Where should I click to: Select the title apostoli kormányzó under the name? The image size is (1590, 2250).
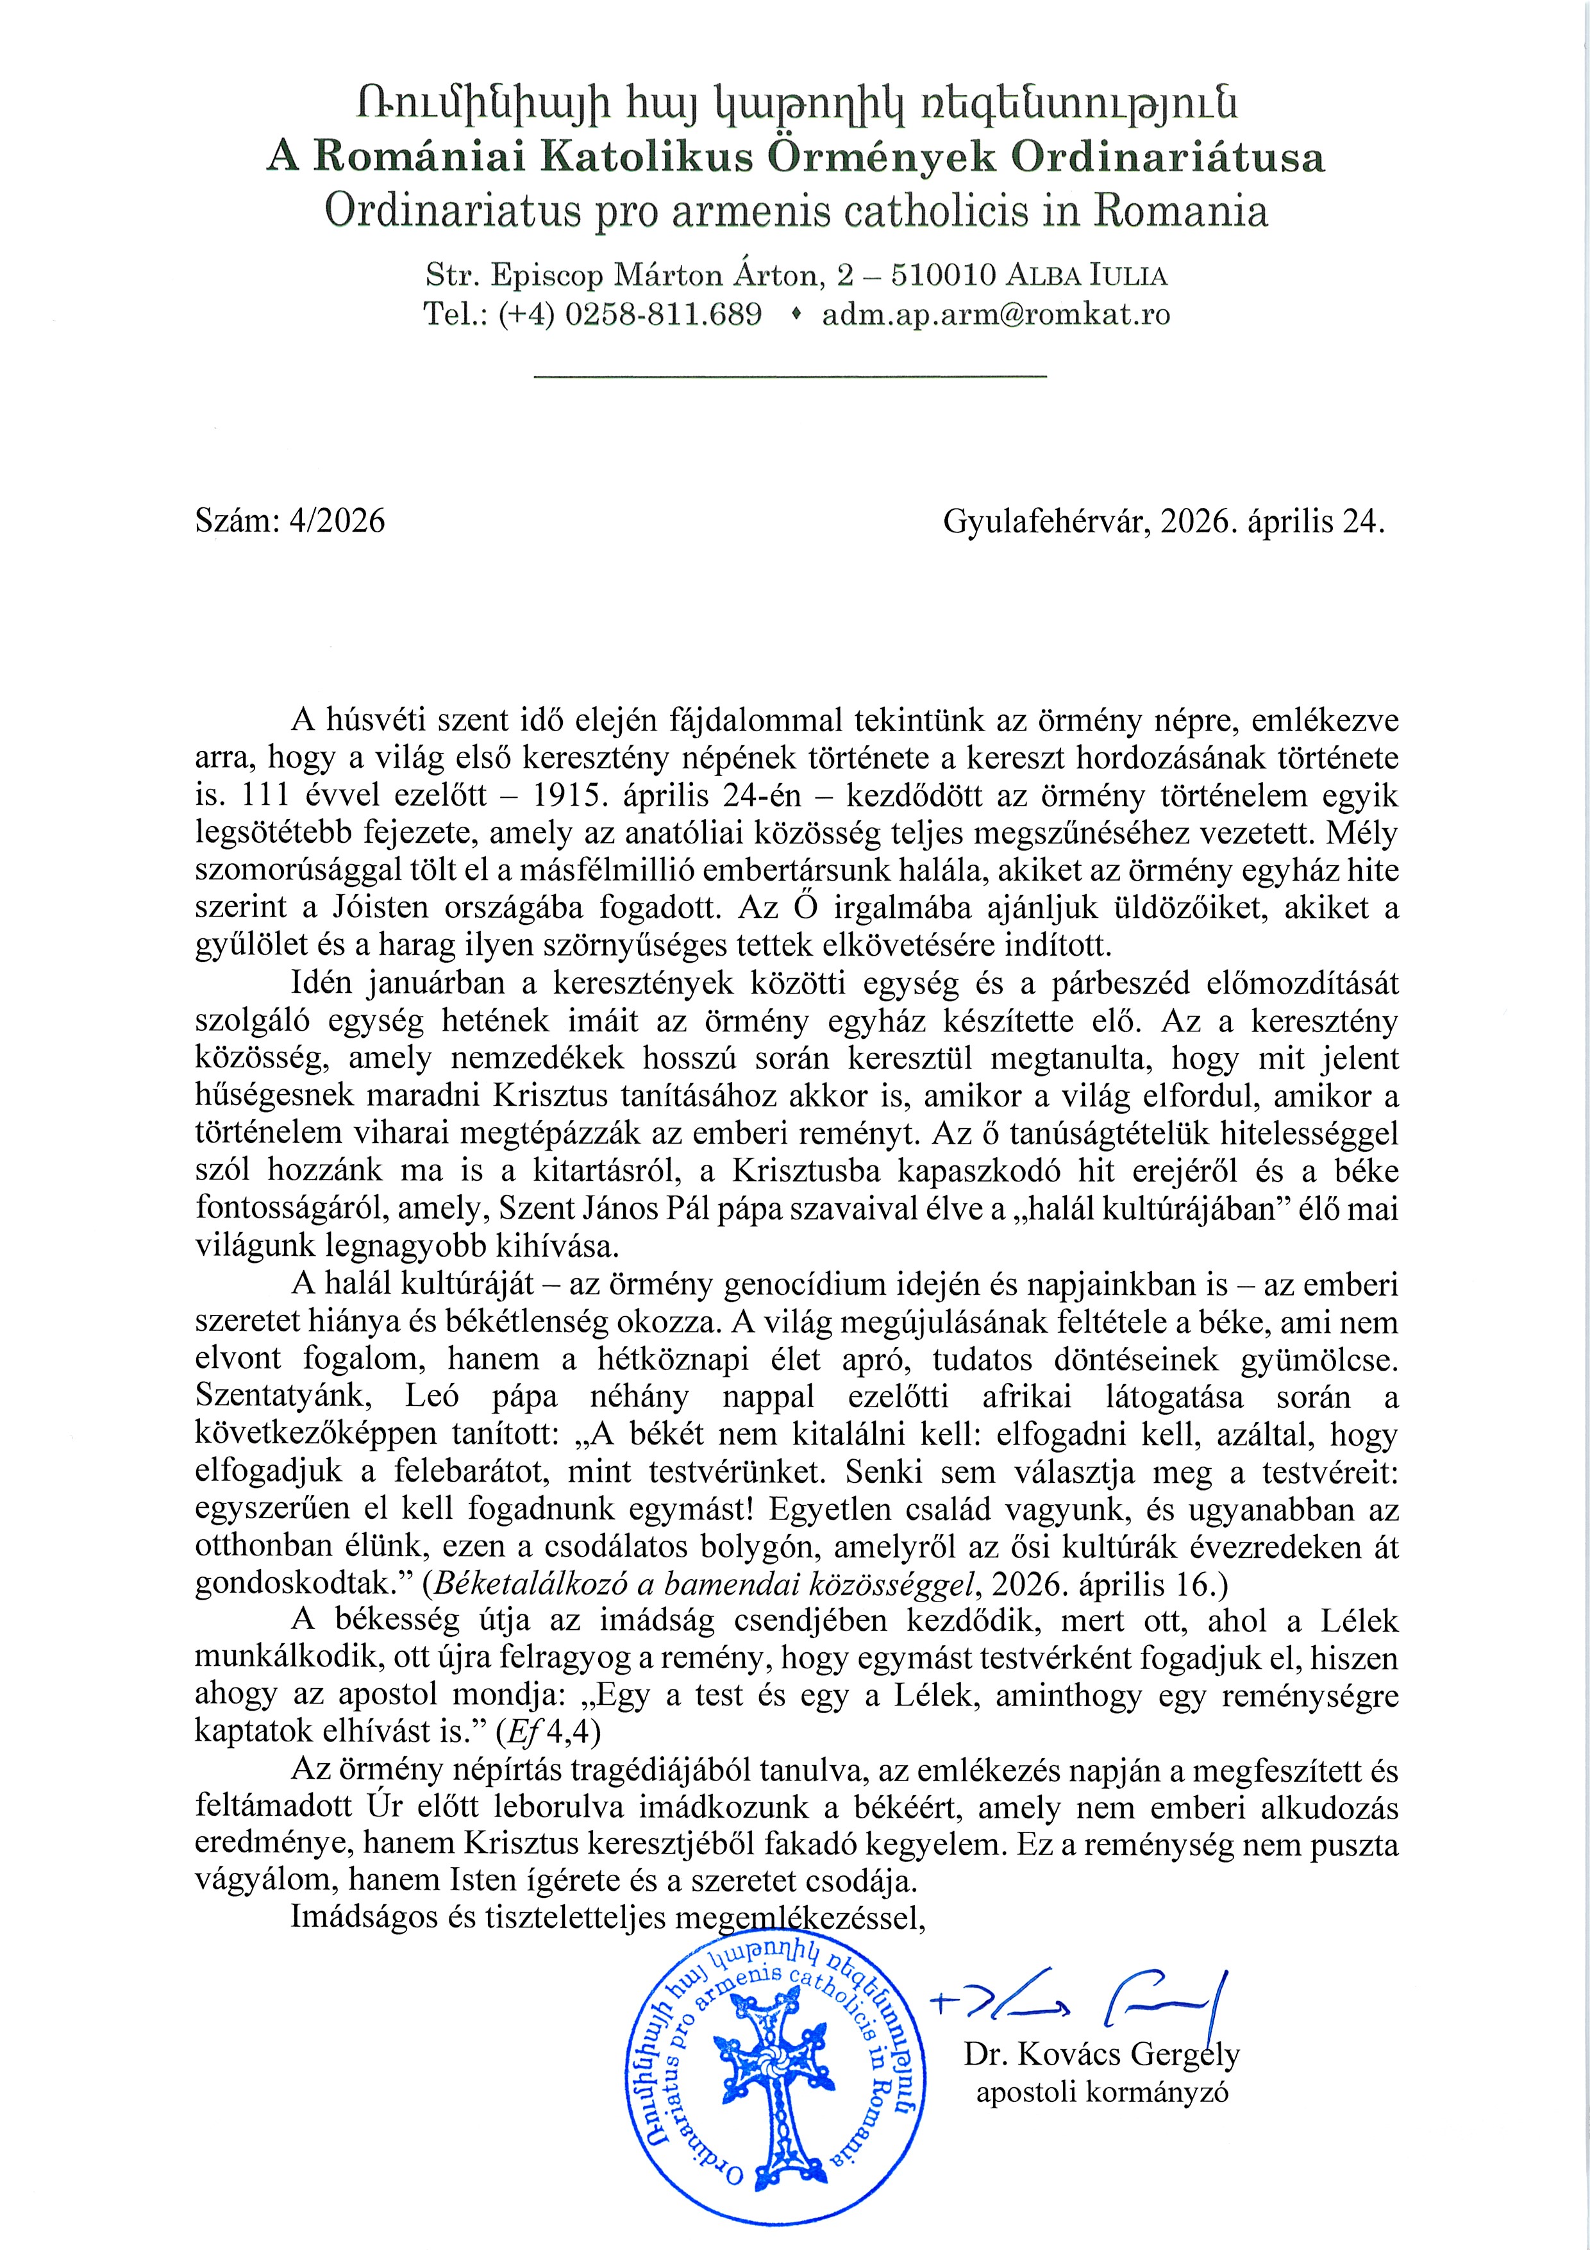1101,2092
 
